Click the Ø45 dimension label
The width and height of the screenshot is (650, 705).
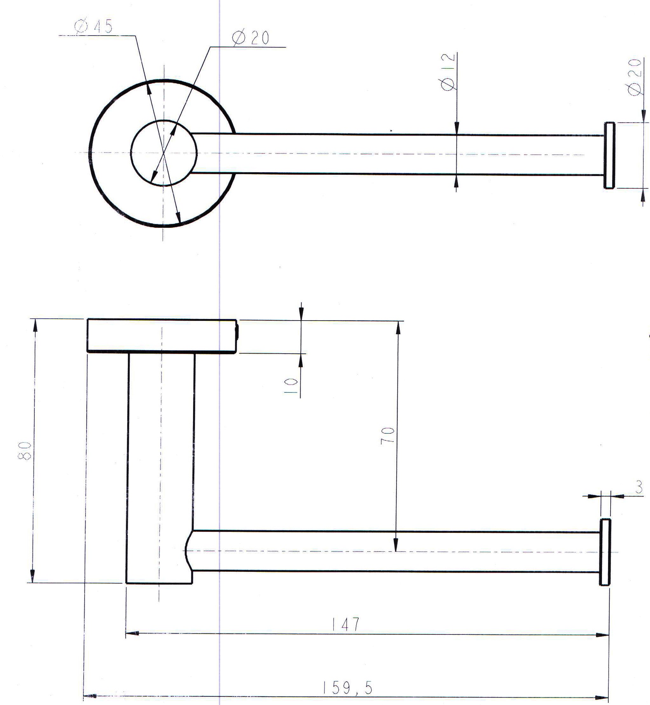coord(93,27)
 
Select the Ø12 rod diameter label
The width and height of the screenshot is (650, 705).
coord(448,72)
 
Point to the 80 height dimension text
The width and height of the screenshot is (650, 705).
coord(25,451)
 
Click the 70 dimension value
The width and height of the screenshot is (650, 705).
coord(388,436)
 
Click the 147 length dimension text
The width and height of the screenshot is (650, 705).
coord(346,623)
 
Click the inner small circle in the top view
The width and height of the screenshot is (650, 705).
coord(163,153)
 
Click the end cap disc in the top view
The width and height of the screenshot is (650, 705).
coord(609,155)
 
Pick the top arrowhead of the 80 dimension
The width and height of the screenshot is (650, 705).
coord(34,325)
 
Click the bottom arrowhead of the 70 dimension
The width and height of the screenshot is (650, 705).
coord(396,545)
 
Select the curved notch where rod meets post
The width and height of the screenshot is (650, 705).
coord(188,551)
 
